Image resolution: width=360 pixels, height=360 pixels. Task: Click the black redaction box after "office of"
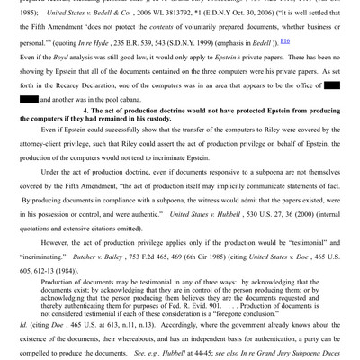click(331, 85)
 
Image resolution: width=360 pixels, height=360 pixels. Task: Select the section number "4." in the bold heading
click(87, 111)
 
